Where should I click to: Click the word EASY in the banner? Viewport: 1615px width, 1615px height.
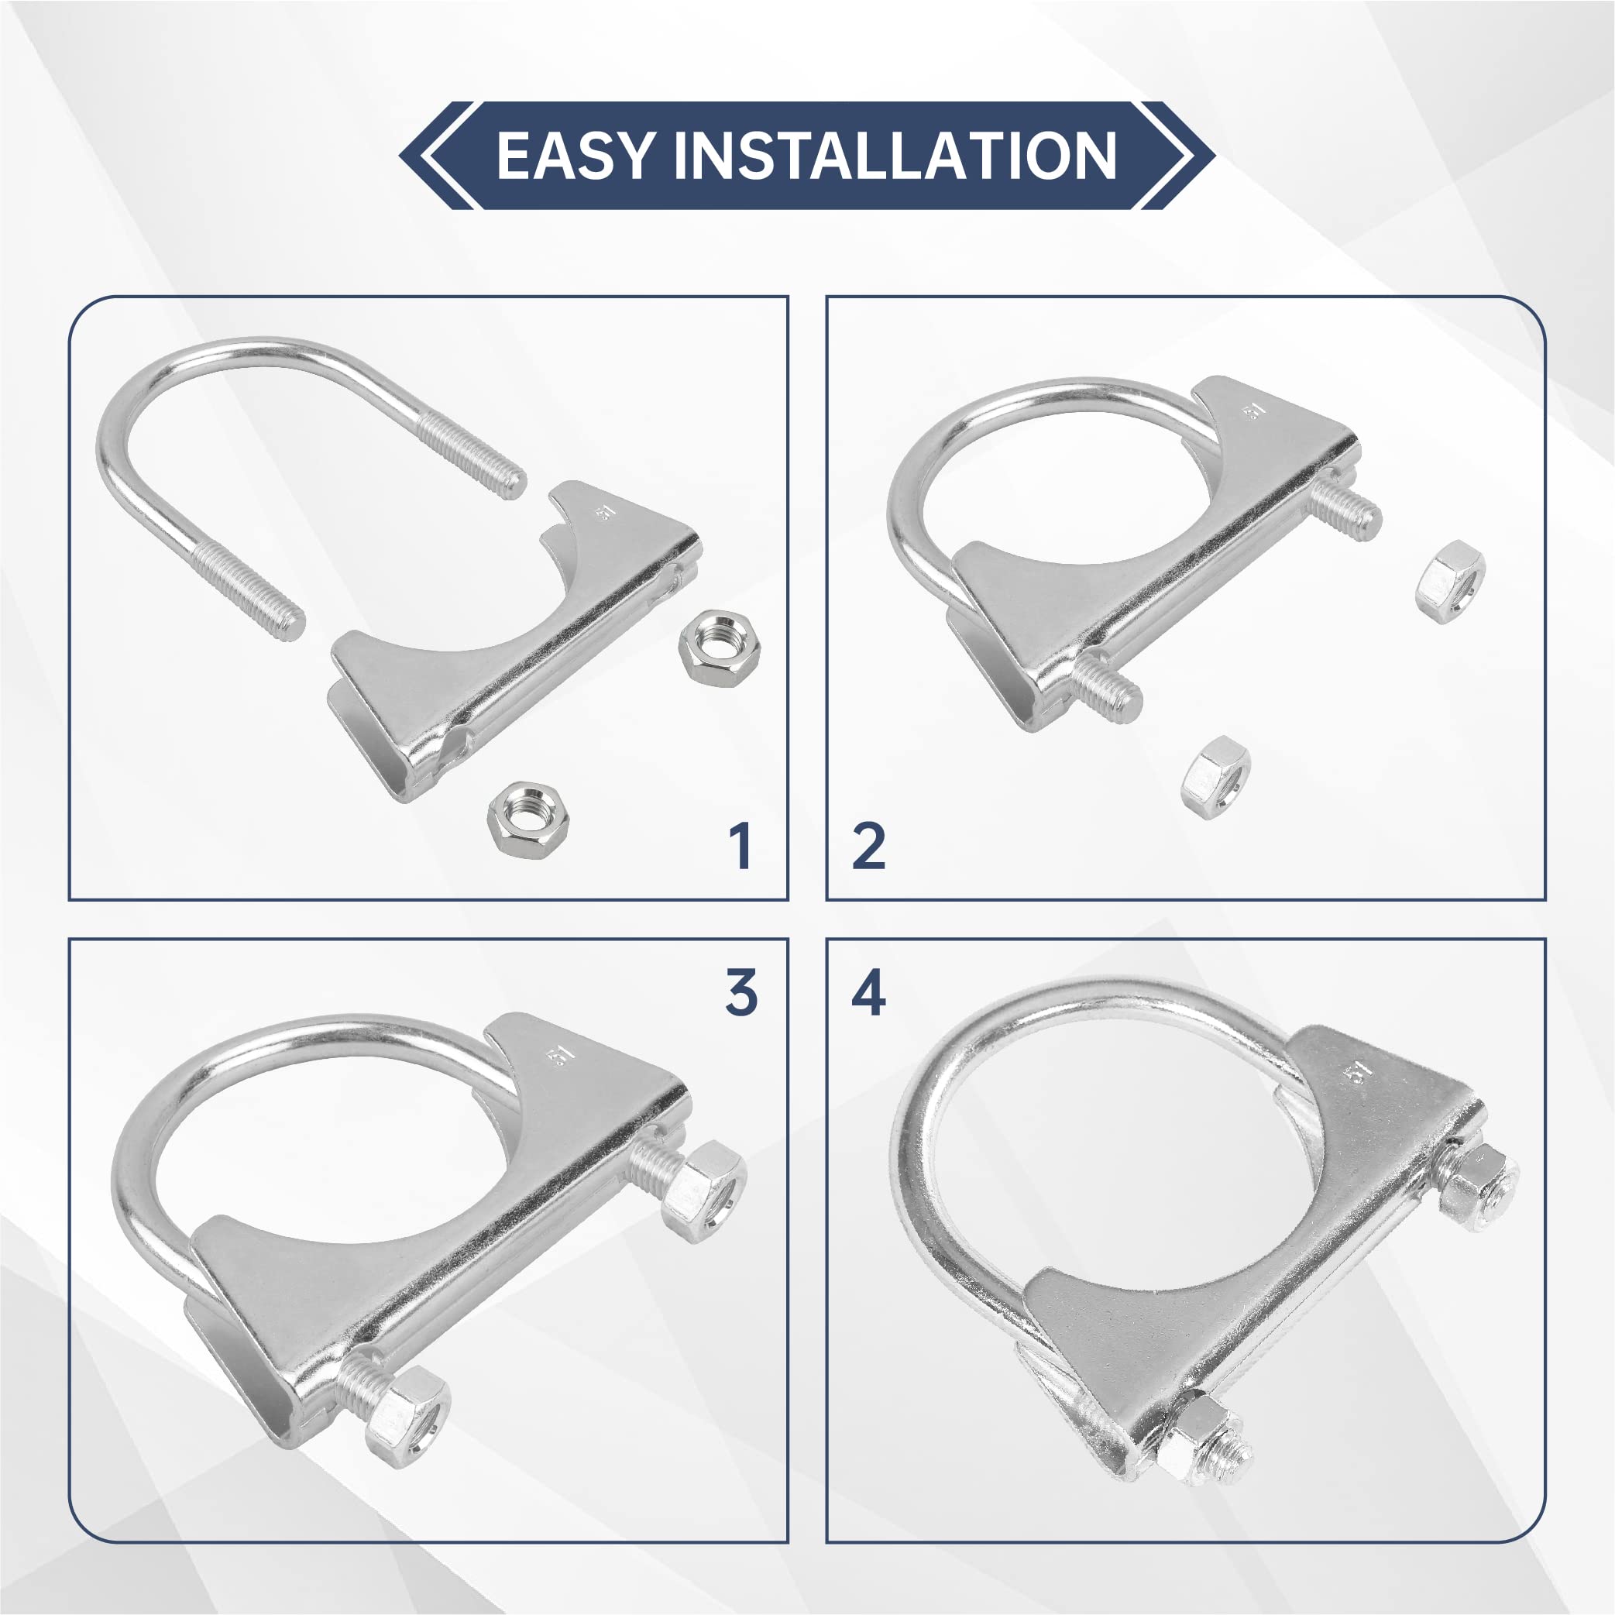pos(574,156)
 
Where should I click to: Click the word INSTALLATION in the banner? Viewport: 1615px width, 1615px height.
pos(895,156)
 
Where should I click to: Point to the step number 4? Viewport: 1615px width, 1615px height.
pos(868,994)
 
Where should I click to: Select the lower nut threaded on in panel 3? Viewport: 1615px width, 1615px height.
pos(407,1415)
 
